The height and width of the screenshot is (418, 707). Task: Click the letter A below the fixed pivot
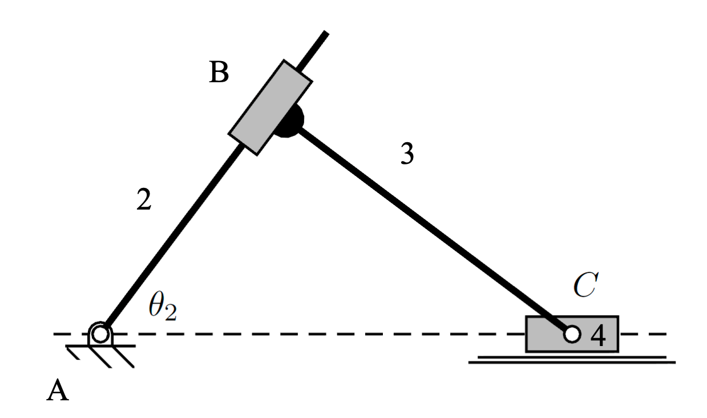(58, 391)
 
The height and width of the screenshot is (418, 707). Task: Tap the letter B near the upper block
(219, 73)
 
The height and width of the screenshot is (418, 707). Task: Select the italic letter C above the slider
(584, 286)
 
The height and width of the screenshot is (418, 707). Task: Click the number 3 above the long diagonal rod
(406, 154)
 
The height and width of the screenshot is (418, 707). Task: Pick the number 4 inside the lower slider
(597, 336)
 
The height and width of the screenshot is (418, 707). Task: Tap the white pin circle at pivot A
(100, 333)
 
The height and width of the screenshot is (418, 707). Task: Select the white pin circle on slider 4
(572, 334)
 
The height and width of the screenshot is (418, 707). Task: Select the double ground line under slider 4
(571, 360)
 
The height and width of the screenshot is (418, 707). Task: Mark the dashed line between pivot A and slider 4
(314, 333)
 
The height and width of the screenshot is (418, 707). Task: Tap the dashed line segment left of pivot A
(68, 333)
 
